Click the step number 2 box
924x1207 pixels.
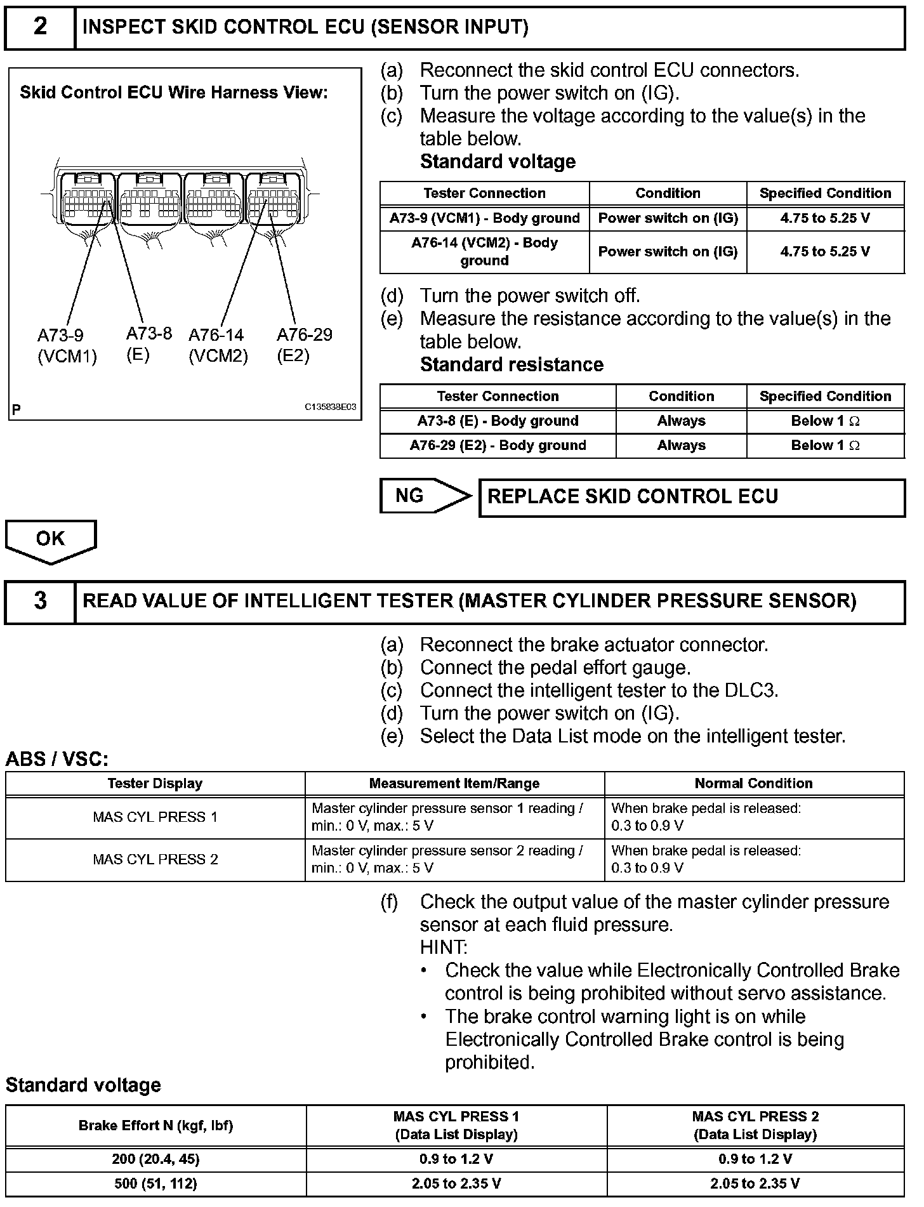(40, 27)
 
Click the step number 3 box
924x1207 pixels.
(40, 601)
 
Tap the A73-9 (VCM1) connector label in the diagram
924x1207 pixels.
(67, 346)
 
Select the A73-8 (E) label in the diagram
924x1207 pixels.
(148, 344)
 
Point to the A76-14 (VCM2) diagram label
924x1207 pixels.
(218, 346)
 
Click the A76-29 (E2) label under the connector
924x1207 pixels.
(304, 345)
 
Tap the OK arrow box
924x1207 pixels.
(51, 540)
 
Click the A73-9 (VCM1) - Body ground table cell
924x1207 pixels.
(484, 218)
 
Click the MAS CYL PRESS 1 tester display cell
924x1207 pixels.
(155, 817)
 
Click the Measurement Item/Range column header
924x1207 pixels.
(454, 784)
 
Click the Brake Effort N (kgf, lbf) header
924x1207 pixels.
(155, 1126)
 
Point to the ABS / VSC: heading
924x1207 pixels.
(57, 759)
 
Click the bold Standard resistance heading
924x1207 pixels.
(511, 365)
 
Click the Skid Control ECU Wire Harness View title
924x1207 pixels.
(174, 93)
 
